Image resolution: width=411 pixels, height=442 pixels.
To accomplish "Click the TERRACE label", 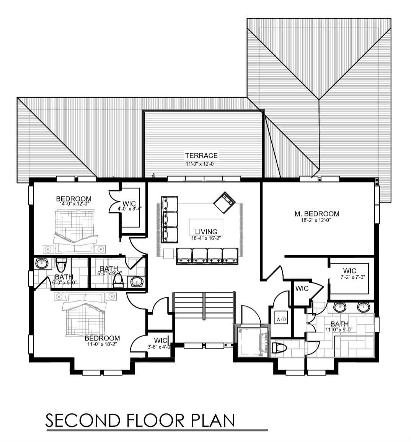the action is (201, 156).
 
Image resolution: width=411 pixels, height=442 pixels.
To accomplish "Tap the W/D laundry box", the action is (281, 319).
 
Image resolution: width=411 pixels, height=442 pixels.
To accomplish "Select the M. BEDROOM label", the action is (317, 214).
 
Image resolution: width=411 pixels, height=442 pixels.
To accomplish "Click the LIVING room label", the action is (206, 232).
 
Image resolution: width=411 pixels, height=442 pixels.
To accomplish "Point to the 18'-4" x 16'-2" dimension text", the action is (206, 238).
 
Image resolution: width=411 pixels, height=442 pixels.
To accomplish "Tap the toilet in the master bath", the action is (279, 348).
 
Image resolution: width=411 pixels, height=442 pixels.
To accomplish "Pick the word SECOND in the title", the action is (83, 421).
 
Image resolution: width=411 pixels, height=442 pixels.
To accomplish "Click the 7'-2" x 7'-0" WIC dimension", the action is (353, 277).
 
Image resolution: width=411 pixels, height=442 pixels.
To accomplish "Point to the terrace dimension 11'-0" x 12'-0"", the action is (201, 164).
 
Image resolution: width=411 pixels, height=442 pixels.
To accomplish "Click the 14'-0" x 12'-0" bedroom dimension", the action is (74, 203).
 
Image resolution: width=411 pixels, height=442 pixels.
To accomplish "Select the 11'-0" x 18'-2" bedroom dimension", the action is (102, 344).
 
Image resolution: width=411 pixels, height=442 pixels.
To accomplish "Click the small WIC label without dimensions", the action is (302, 288).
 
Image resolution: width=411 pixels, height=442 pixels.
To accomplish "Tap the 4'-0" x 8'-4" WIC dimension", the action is (130, 209).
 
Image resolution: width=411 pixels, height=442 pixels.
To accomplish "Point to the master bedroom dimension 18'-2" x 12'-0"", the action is (316, 220).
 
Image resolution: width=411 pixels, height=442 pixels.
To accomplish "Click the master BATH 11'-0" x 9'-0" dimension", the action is (339, 329).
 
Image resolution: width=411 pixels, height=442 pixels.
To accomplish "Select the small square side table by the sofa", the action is (169, 254).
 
